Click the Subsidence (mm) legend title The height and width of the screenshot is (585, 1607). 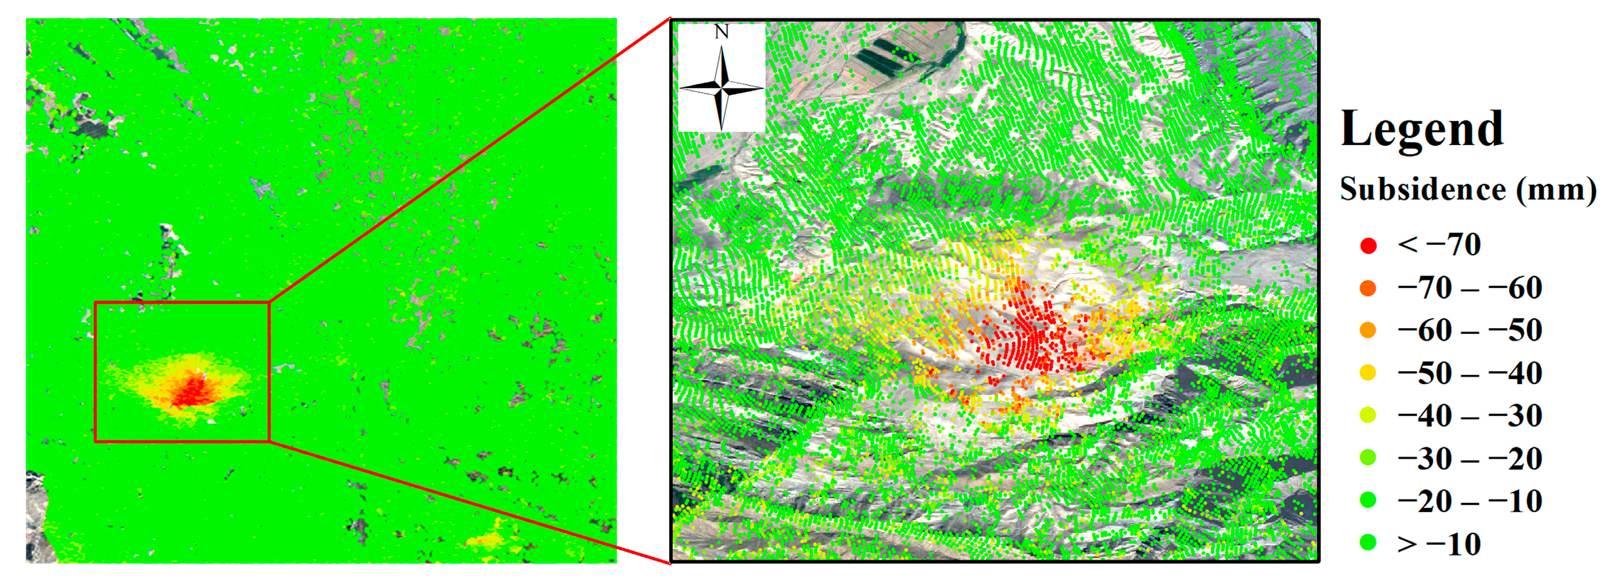1468,189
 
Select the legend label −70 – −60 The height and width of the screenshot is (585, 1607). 1470,288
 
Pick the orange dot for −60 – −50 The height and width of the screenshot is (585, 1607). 1368,330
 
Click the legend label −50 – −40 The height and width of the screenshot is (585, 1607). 1470,373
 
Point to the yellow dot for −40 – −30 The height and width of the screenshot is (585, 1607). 1368,415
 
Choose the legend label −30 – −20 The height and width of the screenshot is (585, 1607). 1470,459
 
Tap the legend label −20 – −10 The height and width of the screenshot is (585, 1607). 1470,501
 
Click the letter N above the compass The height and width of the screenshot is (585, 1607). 722,32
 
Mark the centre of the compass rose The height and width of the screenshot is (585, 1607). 722,88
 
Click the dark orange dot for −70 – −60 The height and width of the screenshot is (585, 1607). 1368,288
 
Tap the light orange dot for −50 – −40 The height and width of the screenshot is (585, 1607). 1368,373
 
